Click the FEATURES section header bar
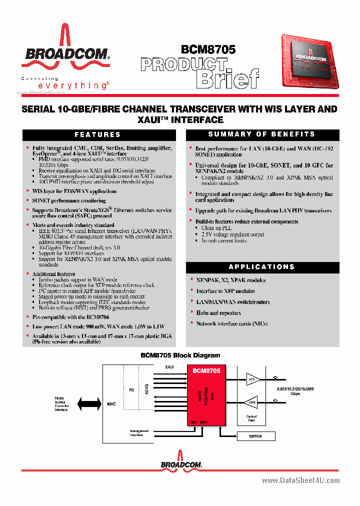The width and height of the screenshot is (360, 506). click(98, 134)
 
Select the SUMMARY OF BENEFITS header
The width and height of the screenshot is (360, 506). click(262, 134)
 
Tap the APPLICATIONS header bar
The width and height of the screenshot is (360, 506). click(262, 267)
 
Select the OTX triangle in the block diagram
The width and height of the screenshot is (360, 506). click(252, 379)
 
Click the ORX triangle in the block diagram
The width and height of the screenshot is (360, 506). click(252, 401)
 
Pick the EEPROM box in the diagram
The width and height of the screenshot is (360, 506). click(255, 436)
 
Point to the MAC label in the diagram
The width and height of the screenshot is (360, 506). click(111, 403)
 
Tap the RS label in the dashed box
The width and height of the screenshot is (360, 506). click(131, 390)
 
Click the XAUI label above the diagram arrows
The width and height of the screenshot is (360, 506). click(169, 367)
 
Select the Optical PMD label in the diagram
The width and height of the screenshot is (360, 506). click(252, 418)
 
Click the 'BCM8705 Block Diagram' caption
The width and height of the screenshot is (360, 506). click(179, 355)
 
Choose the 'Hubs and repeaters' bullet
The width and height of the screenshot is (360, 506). click(218, 313)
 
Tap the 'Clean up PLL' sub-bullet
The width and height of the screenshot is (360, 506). click(217, 228)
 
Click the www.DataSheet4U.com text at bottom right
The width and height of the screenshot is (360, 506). click(300, 480)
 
